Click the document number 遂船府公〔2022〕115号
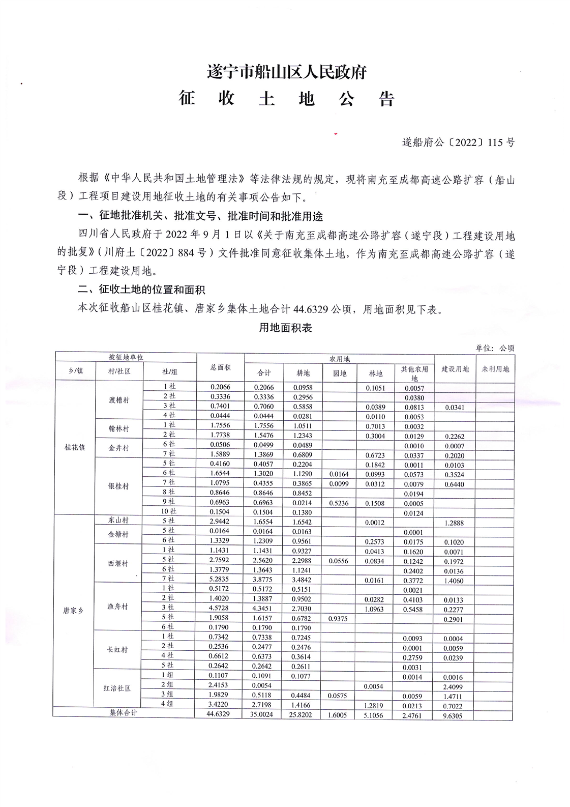pyautogui.click(x=458, y=142)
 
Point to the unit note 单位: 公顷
pyautogui.click(x=495, y=348)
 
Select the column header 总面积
pyautogui.click(x=220, y=367)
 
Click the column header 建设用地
pyautogui.click(x=455, y=369)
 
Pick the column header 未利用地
pyautogui.click(x=495, y=369)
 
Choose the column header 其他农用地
pyautogui.click(x=414, y=373)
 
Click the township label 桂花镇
pyautogui.click(x=75, y=448)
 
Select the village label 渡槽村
pyautogui.click(x=119, y=400)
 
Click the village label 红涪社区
pyautogui.click(x=117, y=688)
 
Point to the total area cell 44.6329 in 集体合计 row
pyautogui.click(x=220, y=714)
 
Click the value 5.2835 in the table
pyautogui.click(x=220, y=579)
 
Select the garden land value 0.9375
pyautogui.click(x=338, y=619)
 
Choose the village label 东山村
pyautogui.click(x=118, y=521)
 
